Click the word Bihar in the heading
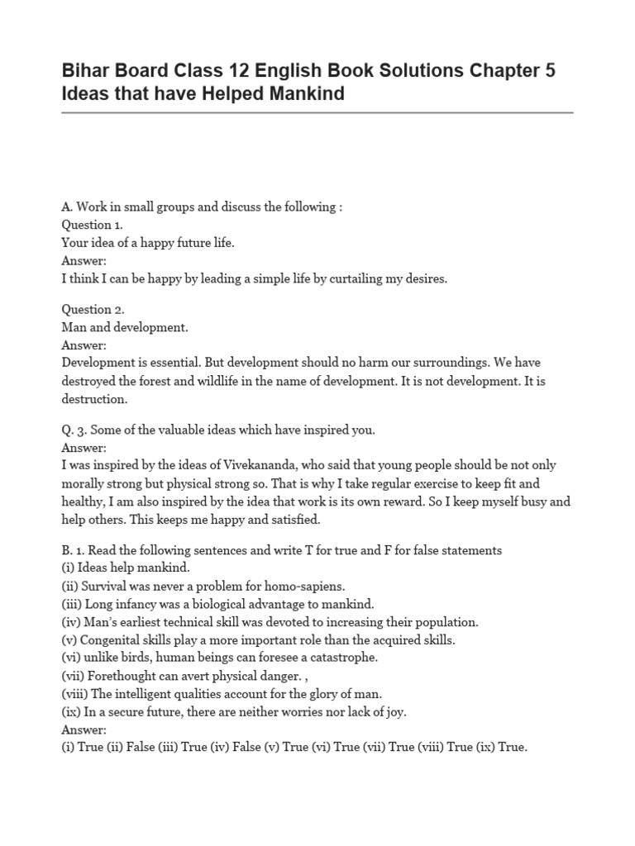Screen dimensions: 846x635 (x=86, y=71)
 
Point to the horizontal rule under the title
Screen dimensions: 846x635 (x=317, y=113)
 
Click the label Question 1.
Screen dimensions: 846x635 (x=93, y=225)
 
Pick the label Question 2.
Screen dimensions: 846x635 (x=93, y=309)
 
